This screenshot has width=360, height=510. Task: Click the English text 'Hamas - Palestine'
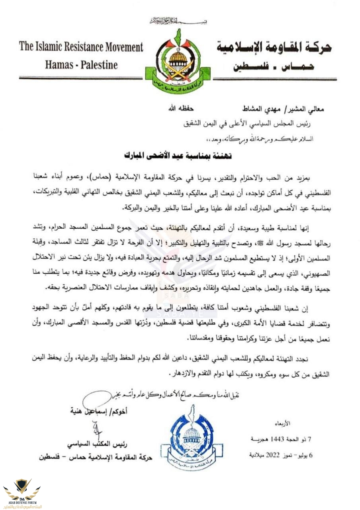(x=81, y=65)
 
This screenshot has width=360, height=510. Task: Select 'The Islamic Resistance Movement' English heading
(x=81, y=47)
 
